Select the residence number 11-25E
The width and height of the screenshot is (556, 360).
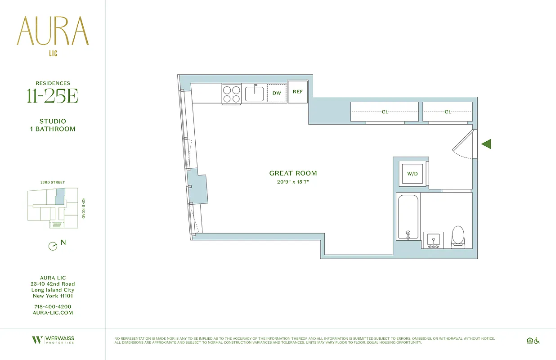[x=53, y=96]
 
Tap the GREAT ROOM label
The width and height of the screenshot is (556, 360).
[x=293, y=173]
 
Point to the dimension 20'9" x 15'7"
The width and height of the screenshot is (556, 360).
[x=293, y=182]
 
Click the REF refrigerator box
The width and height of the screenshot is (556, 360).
[x=298, y=92]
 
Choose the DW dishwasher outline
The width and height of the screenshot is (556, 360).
[x=277, y=93]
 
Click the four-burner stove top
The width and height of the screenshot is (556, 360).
[x=231, y=94]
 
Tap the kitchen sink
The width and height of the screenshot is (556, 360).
[x=255, y=93]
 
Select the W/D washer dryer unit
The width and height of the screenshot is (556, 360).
[x=412, y=174]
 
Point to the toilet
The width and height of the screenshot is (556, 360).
[x=458, y=236]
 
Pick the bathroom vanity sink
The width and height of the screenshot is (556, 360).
[x=434, y=240]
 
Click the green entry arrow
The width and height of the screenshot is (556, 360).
[x=486, y=144]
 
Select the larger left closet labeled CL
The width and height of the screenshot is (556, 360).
[x=385, y=112]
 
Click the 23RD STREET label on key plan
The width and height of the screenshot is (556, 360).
[x=53, y=182]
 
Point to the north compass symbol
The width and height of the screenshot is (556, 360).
[x=53, y=246]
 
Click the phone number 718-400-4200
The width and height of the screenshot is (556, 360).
[x=53, y=306]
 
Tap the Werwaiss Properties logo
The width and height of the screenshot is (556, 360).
[x=53, y=340]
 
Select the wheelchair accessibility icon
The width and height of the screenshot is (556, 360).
[x=537, y=341]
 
